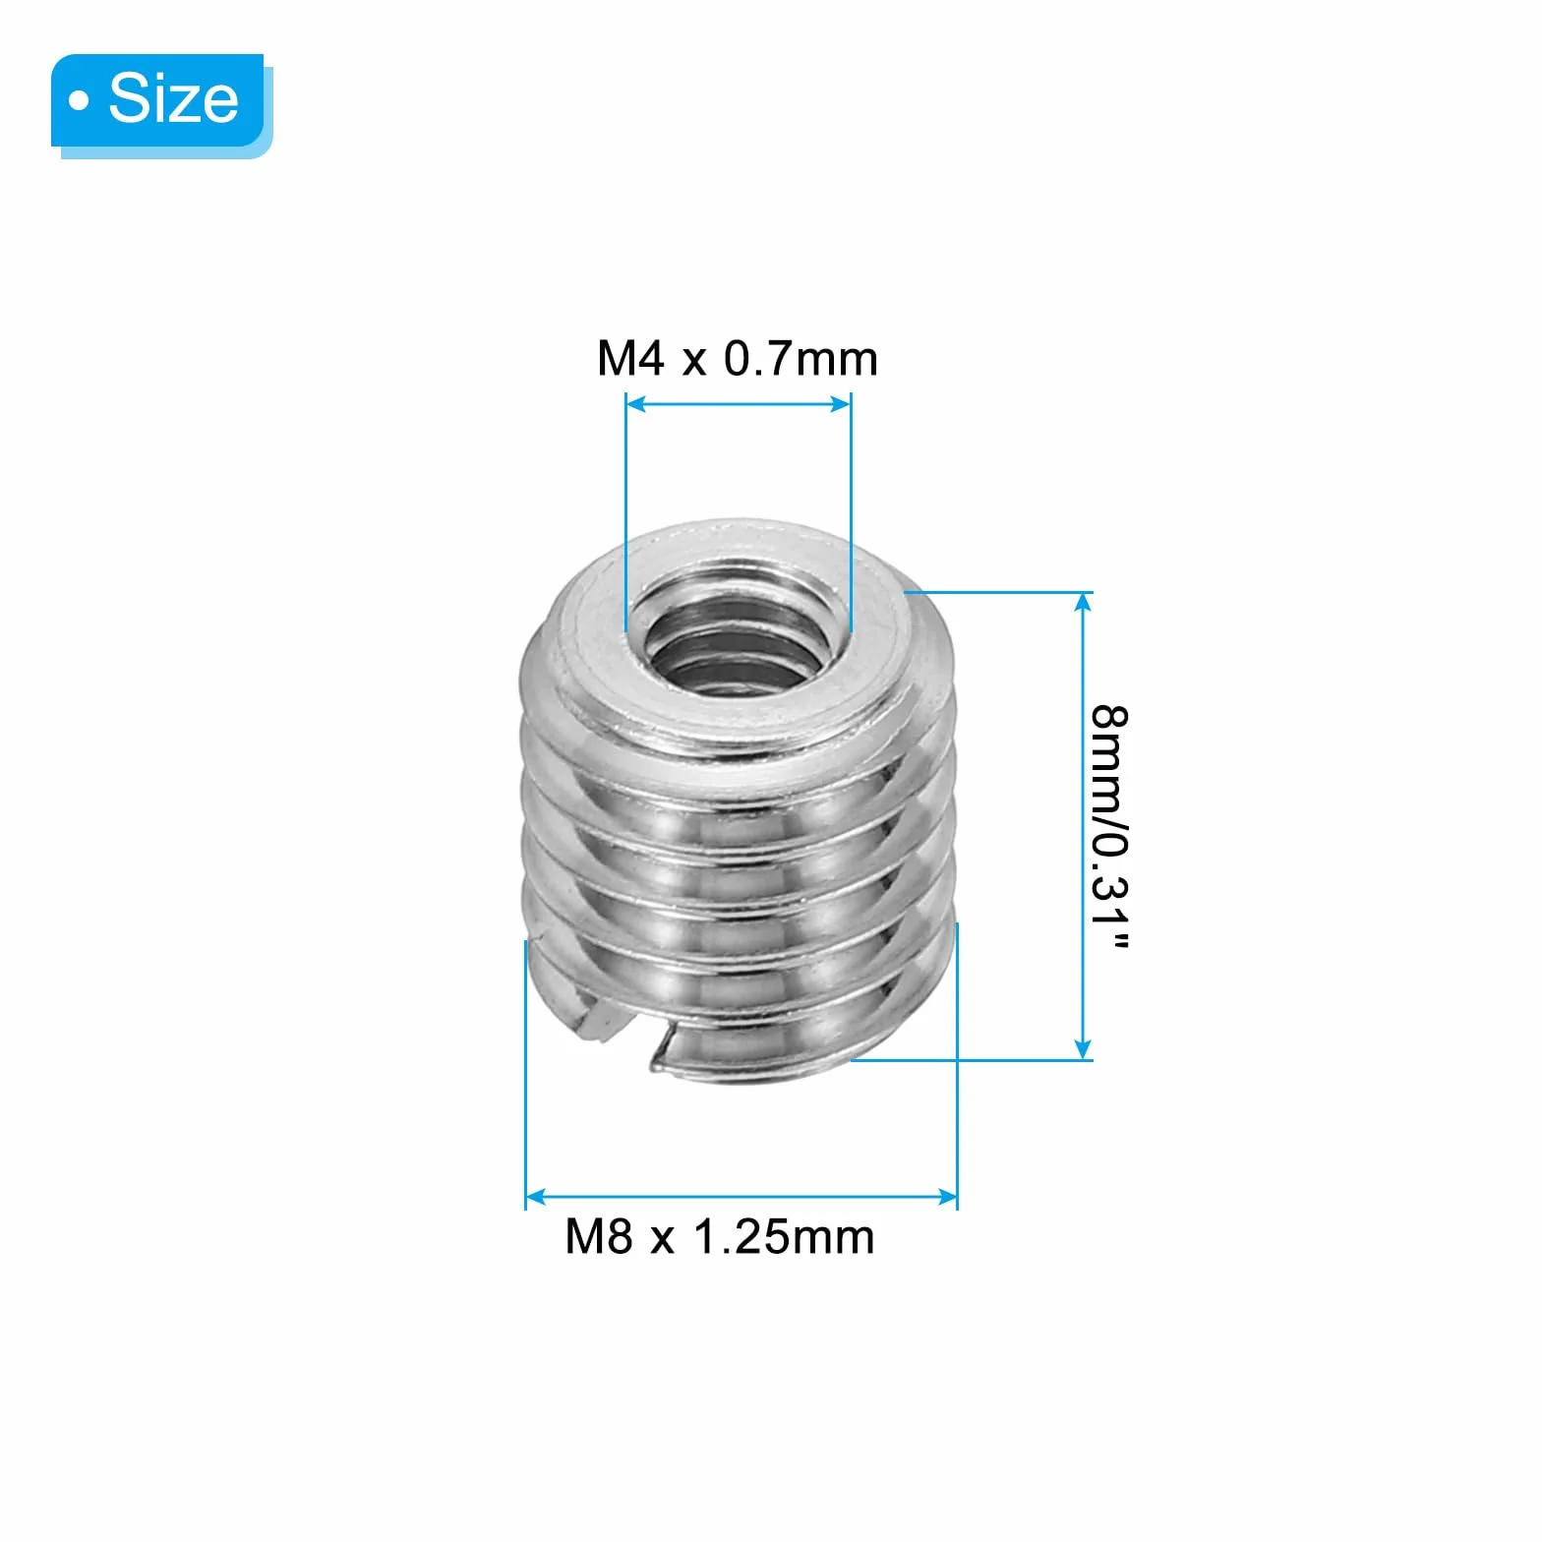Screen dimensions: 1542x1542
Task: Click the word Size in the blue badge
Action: [x=173, y=98]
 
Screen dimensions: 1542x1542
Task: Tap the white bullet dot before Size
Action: [x=79, y=100]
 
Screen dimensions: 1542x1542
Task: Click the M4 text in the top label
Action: [x=630, y=358]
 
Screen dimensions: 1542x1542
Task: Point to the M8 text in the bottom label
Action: [x=599, y=1236]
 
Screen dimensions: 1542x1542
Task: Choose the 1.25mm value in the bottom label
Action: [x=784, y=1236]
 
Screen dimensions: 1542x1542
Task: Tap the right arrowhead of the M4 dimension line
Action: [x=841, y=403]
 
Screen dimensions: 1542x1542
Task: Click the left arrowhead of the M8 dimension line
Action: [x=536, y=1197]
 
